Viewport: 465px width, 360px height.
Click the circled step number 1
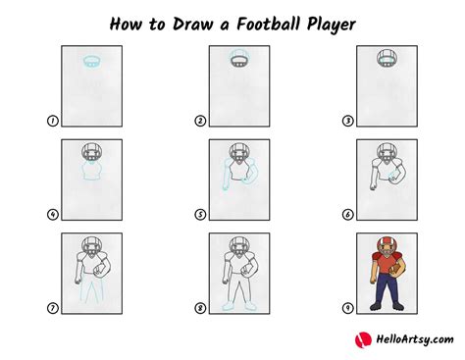51,121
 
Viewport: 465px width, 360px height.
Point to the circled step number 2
200,121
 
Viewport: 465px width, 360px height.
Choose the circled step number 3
346,121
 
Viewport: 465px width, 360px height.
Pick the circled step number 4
51,213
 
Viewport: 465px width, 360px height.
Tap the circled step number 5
200,213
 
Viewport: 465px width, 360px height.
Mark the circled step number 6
346,213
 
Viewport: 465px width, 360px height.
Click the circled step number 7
51,306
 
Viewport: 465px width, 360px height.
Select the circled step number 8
200,306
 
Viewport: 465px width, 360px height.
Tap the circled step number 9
346,306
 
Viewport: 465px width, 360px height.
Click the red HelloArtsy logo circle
361,339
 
